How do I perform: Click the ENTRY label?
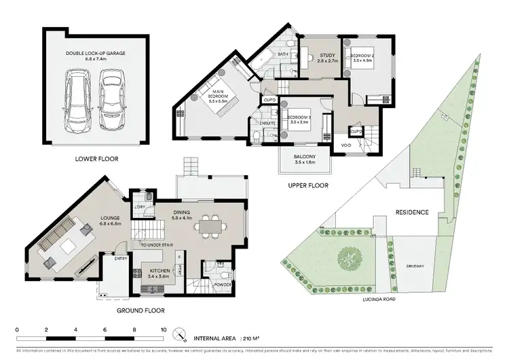coord(121,259)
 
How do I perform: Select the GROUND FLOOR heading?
coord(141,310)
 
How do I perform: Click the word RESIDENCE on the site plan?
coord(412,213)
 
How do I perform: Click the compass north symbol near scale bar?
coord(181,334)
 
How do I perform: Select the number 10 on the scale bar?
coord(163,330)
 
